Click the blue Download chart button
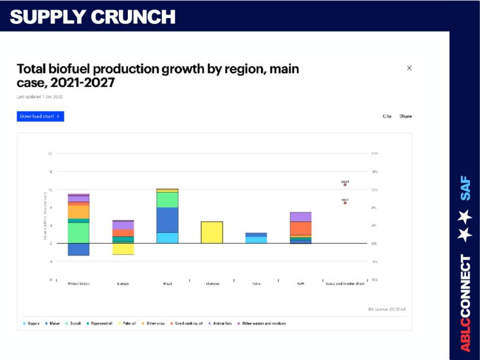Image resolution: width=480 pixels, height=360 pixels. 40,116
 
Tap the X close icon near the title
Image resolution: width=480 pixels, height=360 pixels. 409,68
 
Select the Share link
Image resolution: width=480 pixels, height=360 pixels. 406,116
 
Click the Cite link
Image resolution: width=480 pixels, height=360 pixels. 387,116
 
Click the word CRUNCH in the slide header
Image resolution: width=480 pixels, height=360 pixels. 133,16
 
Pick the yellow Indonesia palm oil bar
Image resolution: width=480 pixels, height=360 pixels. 212,232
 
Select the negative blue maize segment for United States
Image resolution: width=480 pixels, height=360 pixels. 79,249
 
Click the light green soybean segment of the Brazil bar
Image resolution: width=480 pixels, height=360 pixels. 167,199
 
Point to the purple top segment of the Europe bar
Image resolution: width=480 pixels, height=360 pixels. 123,225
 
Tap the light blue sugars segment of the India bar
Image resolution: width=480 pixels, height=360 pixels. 256,240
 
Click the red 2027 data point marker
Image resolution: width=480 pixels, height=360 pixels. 345,185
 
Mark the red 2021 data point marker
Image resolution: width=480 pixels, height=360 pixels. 345,203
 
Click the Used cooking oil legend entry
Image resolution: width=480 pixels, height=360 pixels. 187,323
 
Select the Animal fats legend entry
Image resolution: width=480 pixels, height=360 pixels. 223,323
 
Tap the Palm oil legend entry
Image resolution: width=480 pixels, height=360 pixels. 128,323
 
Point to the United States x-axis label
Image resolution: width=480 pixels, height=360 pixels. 79,283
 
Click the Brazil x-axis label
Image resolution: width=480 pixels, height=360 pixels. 167,283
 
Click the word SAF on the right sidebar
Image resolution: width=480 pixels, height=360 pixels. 465,188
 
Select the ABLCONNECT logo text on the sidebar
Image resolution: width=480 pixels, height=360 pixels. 465,303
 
